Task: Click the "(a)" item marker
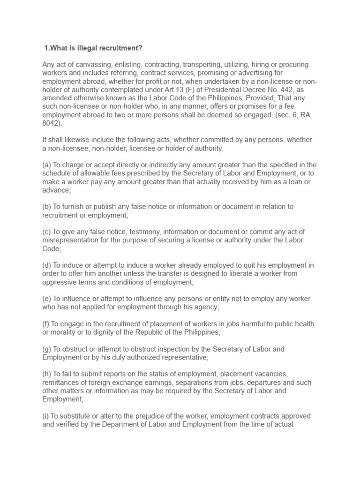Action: click(47, 164)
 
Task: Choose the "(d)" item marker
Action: click(47, 265)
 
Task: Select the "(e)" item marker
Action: click(47, 299)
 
